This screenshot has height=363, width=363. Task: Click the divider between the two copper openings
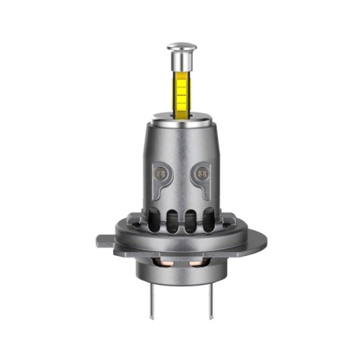181,264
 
